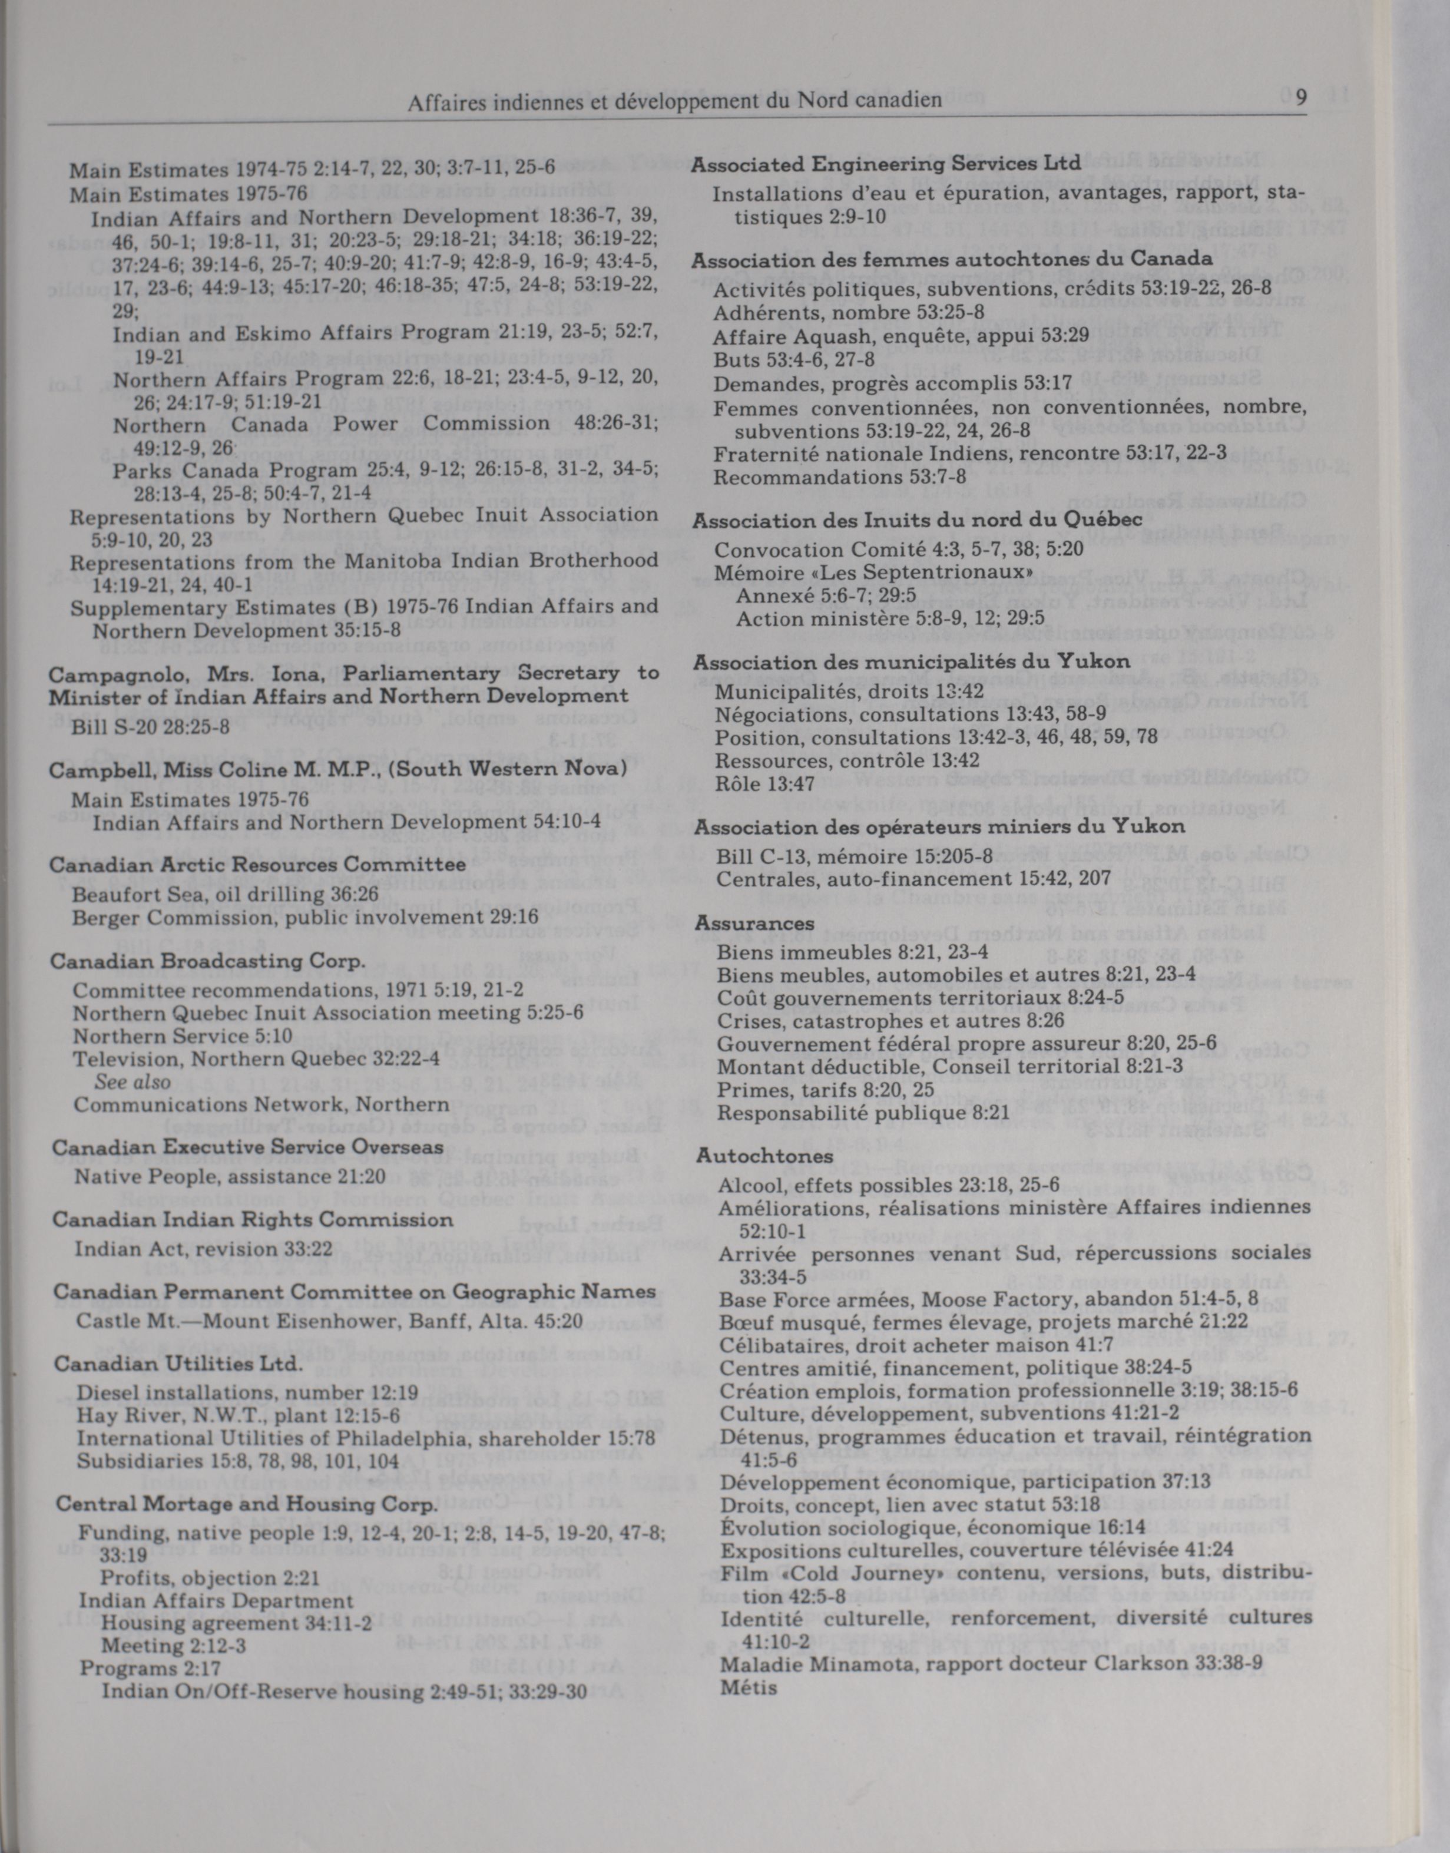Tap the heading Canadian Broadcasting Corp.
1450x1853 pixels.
(x=208, y=962)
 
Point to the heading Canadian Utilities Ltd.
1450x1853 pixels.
(x=178, y=1364)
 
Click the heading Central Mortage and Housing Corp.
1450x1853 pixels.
(x=246, y=1504)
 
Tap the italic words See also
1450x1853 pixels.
(x=133, y=1081)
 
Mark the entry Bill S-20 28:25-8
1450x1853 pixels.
(x=150, y=727)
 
